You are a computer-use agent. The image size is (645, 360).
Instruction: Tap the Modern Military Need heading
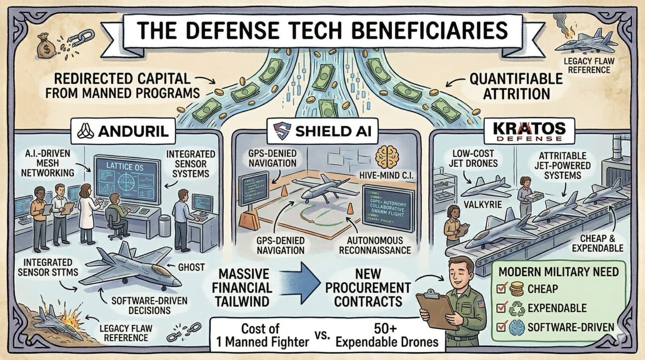(x=558, y=272)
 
